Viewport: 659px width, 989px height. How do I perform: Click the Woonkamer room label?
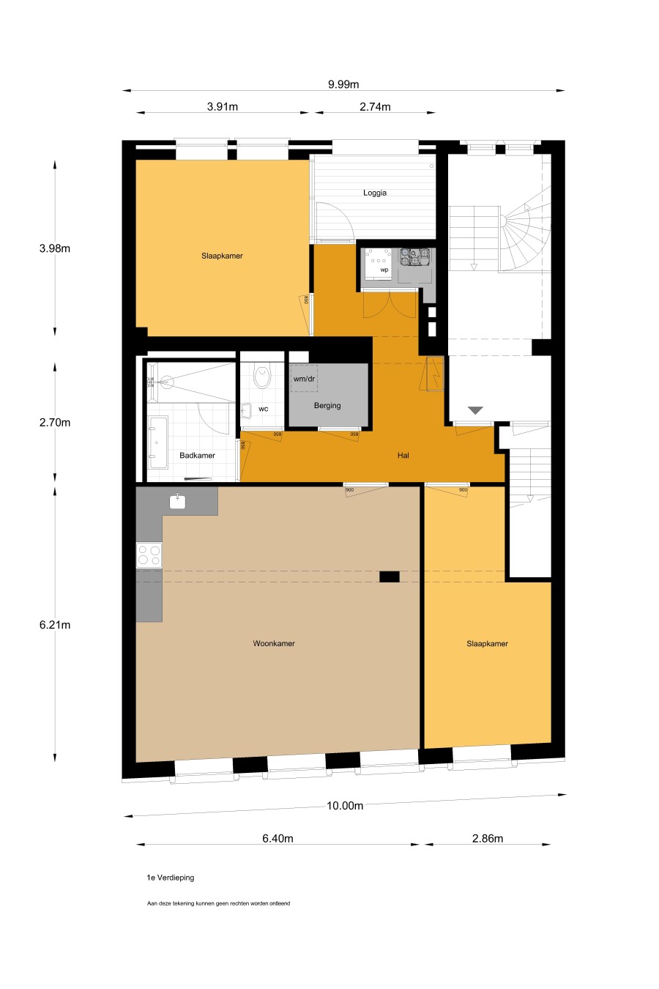coord(274,643)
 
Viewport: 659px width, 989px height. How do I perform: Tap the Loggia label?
coord(374,193)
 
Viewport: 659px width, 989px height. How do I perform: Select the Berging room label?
coord(327,405)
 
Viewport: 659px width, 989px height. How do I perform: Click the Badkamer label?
coord(197,456)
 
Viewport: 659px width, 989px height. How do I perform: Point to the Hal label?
coord(403,456)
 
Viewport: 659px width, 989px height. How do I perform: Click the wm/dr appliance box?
coord(304,378)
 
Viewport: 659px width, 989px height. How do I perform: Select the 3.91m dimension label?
coord(222,106)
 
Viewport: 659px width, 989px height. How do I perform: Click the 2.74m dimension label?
coord(375,106)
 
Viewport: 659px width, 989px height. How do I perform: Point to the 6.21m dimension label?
coord(55,625)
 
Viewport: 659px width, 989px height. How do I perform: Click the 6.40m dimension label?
coord(278,839)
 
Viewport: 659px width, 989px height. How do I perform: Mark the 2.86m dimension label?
coord(487,839)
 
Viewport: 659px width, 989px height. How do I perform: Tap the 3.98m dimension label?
coord(55,248)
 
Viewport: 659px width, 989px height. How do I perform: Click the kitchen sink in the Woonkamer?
coord(177,501)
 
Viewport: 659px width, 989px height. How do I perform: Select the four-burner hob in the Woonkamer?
coord(149,555)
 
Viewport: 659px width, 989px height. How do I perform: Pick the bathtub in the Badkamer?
coord(157,442)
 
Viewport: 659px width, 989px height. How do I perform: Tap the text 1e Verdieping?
coord(170,877)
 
